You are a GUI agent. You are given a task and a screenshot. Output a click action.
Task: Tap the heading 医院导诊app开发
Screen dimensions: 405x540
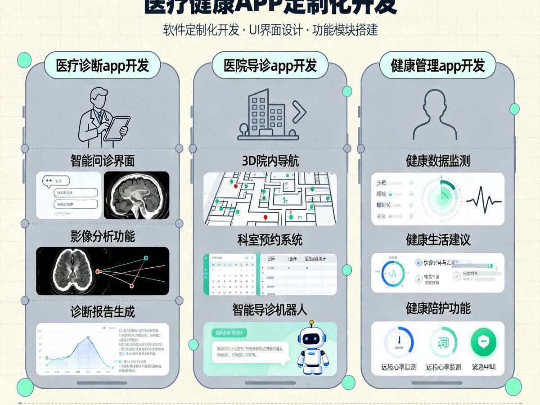point(270,66)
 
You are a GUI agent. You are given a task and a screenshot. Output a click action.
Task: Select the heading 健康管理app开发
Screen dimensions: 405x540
point(437,66)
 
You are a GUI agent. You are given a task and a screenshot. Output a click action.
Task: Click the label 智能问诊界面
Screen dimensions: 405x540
point(103,160)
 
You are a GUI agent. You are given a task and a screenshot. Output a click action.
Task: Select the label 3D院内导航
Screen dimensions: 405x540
point(270,161)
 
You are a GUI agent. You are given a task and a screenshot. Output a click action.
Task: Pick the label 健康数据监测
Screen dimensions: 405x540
point(438,161)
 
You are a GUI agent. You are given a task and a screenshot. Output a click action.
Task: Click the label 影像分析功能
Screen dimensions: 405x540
point(103,236)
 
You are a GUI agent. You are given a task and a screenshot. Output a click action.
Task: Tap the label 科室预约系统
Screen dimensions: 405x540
point(270,239)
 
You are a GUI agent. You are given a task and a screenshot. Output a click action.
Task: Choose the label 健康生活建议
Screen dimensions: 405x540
point(438,239)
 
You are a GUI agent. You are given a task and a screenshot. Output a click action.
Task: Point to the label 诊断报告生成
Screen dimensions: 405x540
point(103,311)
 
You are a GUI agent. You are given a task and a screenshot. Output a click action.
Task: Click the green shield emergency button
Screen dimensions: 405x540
point(483,342)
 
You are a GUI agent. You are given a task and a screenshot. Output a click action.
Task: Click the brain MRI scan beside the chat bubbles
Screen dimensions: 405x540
point(136,195)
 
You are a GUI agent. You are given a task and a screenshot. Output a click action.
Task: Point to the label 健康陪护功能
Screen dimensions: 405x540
point(438,309)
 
